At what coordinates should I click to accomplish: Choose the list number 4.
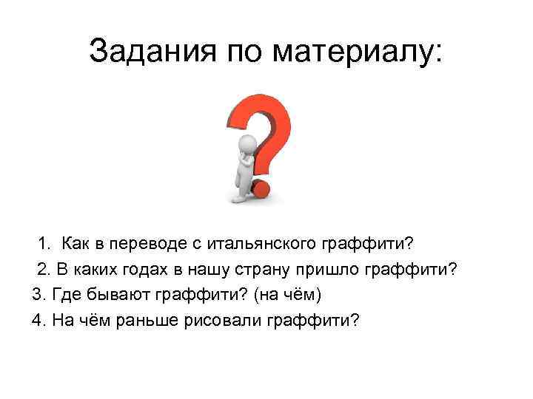pos(38,321)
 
